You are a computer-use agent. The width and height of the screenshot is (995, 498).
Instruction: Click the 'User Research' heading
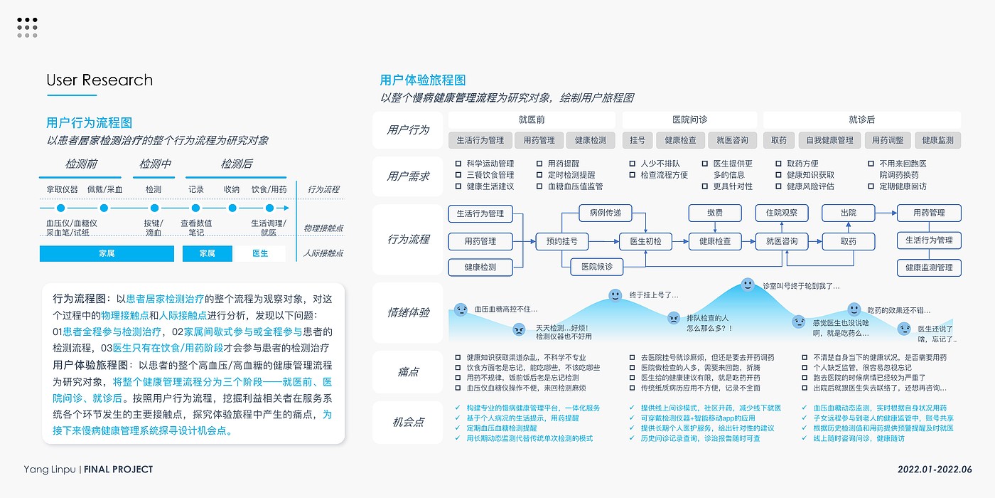coord(99,80)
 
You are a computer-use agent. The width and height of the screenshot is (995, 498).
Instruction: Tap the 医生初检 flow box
coord(645,241)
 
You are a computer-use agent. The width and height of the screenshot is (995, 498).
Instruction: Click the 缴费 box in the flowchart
coord(714,213)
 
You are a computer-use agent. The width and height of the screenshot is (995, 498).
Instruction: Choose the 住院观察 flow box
coord(781,213)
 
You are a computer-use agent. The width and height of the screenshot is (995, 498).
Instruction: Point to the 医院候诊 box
coord(596,267)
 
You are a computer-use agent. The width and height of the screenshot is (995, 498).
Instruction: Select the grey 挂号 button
coord(638,140)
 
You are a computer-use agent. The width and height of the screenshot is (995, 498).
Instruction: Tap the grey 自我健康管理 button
coord(825,140)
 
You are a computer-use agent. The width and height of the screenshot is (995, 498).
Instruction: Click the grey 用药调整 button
coord(888,140)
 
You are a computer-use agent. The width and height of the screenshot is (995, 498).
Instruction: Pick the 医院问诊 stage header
coord(689,120)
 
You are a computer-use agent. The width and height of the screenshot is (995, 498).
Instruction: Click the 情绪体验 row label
coord(408,312)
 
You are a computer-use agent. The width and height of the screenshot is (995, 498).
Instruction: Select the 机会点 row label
coord(408,422)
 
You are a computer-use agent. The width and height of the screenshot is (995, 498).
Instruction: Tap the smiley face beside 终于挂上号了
coord(615,295)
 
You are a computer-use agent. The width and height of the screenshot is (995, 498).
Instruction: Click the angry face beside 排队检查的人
coord(673,318)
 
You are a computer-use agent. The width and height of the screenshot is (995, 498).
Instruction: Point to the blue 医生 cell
coord(260,253)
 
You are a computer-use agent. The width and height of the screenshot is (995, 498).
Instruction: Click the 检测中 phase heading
coord(155,164)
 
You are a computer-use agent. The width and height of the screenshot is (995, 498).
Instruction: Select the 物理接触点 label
coord(323,228)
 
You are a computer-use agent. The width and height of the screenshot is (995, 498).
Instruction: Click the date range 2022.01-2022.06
coord(934,470)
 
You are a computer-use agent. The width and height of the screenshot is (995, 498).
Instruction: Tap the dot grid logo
coord(27,27)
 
